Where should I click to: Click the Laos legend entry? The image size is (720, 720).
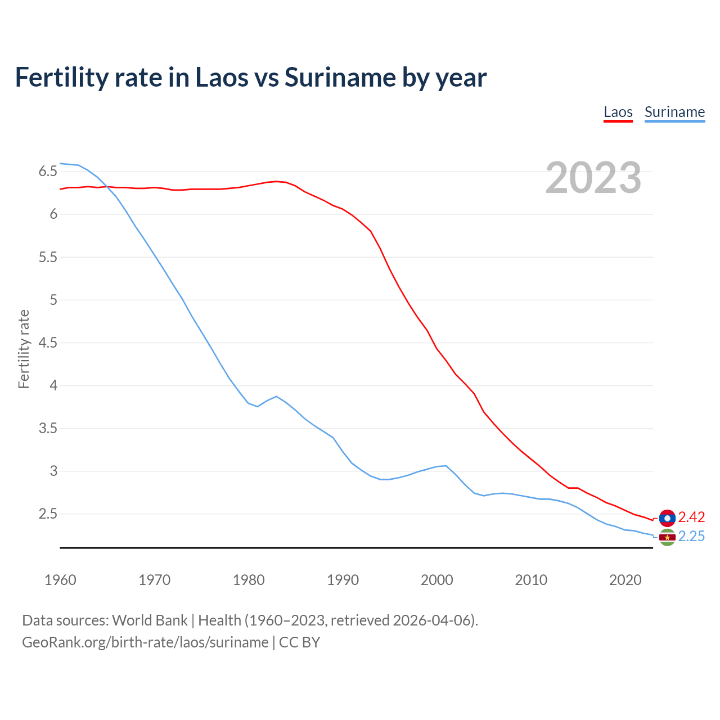point(618,112)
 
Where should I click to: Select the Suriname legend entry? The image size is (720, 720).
point(674,112)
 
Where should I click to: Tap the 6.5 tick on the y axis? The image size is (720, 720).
point(48,172)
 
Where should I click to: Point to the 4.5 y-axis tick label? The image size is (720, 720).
point(48,343)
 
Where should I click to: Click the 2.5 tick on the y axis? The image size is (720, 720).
point(48,514)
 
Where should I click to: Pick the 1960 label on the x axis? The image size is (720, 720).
point(60,580)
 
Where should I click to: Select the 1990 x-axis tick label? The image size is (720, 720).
point(343,580)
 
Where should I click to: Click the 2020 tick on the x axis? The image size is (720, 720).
point(625,580)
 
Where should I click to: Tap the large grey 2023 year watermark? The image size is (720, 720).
point(593,178)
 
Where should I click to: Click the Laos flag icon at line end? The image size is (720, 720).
point(667,517)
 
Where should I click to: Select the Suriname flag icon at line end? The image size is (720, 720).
point(667,537)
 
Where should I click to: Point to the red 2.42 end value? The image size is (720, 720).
point(691,517)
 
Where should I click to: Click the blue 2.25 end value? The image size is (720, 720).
point(691,537)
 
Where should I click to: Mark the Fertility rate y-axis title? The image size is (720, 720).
point(24,349)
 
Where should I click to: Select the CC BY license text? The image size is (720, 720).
point(299,642)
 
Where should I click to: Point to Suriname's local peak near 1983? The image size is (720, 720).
point(276,397)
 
